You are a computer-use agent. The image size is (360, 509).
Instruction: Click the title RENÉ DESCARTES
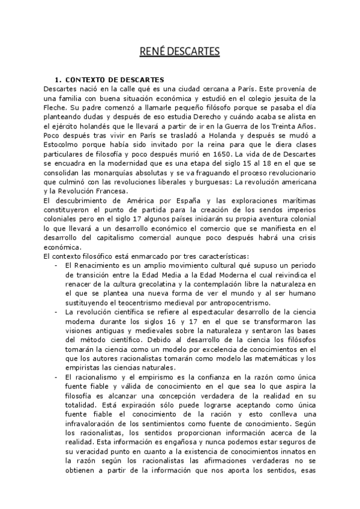179,50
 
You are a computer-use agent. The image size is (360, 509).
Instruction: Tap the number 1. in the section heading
58,80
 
